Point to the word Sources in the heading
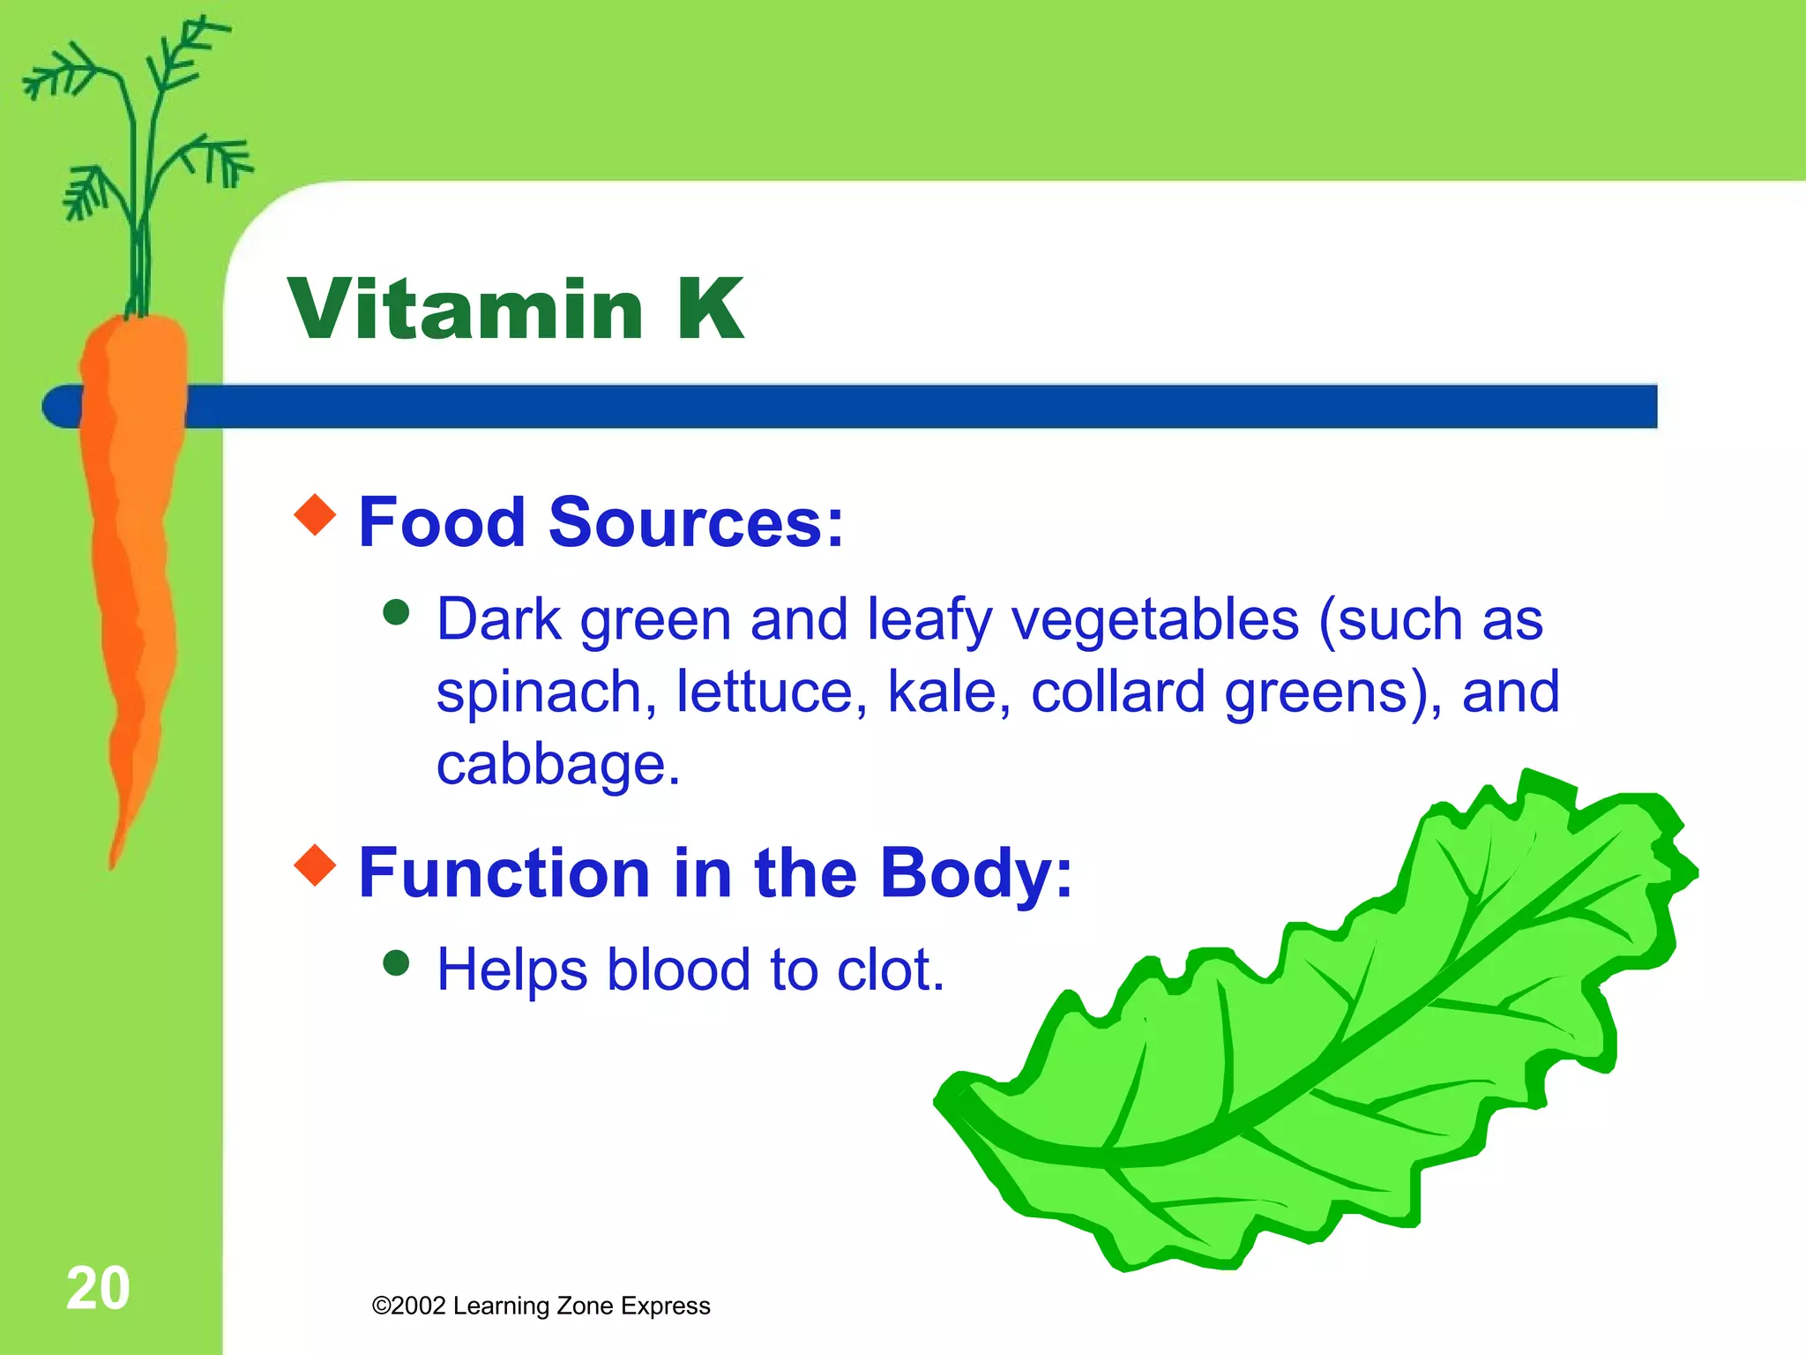696,522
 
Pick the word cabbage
557,764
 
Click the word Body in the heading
975,873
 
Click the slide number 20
98,1288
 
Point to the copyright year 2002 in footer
419,1306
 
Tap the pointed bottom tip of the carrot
113,865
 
